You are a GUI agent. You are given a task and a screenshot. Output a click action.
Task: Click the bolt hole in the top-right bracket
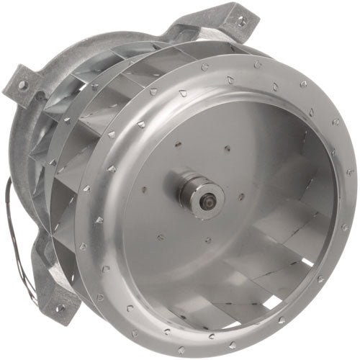point(242,22)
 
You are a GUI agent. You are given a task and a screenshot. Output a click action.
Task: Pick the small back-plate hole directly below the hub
point(207,240)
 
